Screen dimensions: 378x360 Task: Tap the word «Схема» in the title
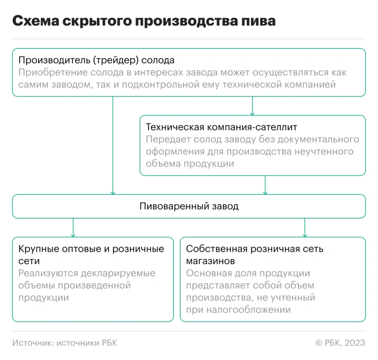click(x=35, y=21)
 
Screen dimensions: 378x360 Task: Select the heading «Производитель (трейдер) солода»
click(x=96, y=60)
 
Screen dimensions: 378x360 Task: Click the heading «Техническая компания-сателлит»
click(x=221, y=127)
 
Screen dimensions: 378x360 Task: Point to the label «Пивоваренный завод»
click(x=189, y=206)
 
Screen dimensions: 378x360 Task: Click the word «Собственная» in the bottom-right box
click(x=217, y=249)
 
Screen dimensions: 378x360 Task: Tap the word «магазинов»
click(x=211, y=261)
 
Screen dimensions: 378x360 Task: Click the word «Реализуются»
click(x=48, y=273)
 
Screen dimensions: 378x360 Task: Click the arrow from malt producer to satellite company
click(x=252, y=106)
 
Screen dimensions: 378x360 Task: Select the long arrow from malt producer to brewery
click(x=113, y=146)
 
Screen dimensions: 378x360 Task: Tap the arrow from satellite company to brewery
click(x=265, y=185)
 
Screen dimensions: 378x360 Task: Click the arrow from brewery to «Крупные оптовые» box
click(x=73, y=228)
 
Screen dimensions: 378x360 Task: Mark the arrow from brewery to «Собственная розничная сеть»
click(x=305, y=228)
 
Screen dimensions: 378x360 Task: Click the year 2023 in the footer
click(x=355, y=343)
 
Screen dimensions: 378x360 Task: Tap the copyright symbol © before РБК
click(x=319, y=343)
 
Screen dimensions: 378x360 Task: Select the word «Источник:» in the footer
click(x=33, y=343)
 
